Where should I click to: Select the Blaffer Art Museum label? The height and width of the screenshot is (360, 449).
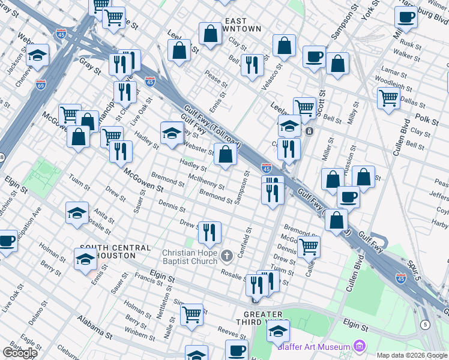pyautogui.click(x=313, y=347)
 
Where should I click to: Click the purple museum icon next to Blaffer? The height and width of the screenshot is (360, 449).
pyautogui.click(x=360, y=346)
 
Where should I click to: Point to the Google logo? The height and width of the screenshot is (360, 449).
pyautogui.click(x=20, y=353)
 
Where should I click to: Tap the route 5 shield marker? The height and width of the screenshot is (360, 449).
pyautogui.click(x=426, y=325)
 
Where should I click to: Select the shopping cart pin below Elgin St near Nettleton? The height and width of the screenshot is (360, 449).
pyautogui.click(x=191, y=314)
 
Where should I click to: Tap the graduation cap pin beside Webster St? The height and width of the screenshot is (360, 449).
pyautogui.click(x=172, y=133)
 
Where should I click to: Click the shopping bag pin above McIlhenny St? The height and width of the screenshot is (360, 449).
pyautogui.click(x=225, y=155)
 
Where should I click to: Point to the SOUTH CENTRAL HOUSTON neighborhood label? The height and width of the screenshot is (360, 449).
pyautogui.click(x=115, y=251)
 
